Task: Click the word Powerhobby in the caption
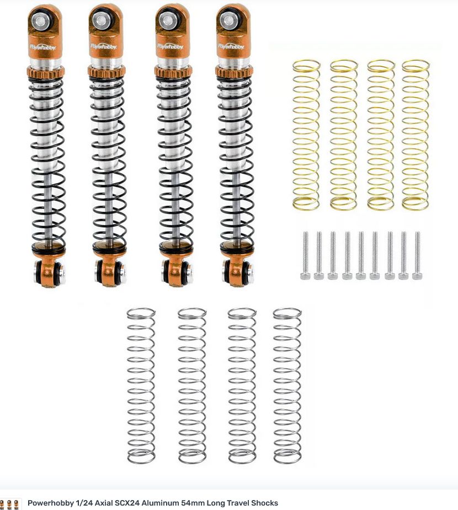[x=49, y=503]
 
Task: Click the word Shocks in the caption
[x=264, y=503]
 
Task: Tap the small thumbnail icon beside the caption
[x=10, y=503]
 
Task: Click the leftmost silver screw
[x=305, y=255]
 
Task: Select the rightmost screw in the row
[x=417, y=255]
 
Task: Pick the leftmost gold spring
[x=306, y=135]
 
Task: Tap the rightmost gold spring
[x=416, y=135]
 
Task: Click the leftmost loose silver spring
[x=141, y=385]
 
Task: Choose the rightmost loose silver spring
[x=287, y=385]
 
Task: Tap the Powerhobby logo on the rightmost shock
[x=231, y=46]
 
